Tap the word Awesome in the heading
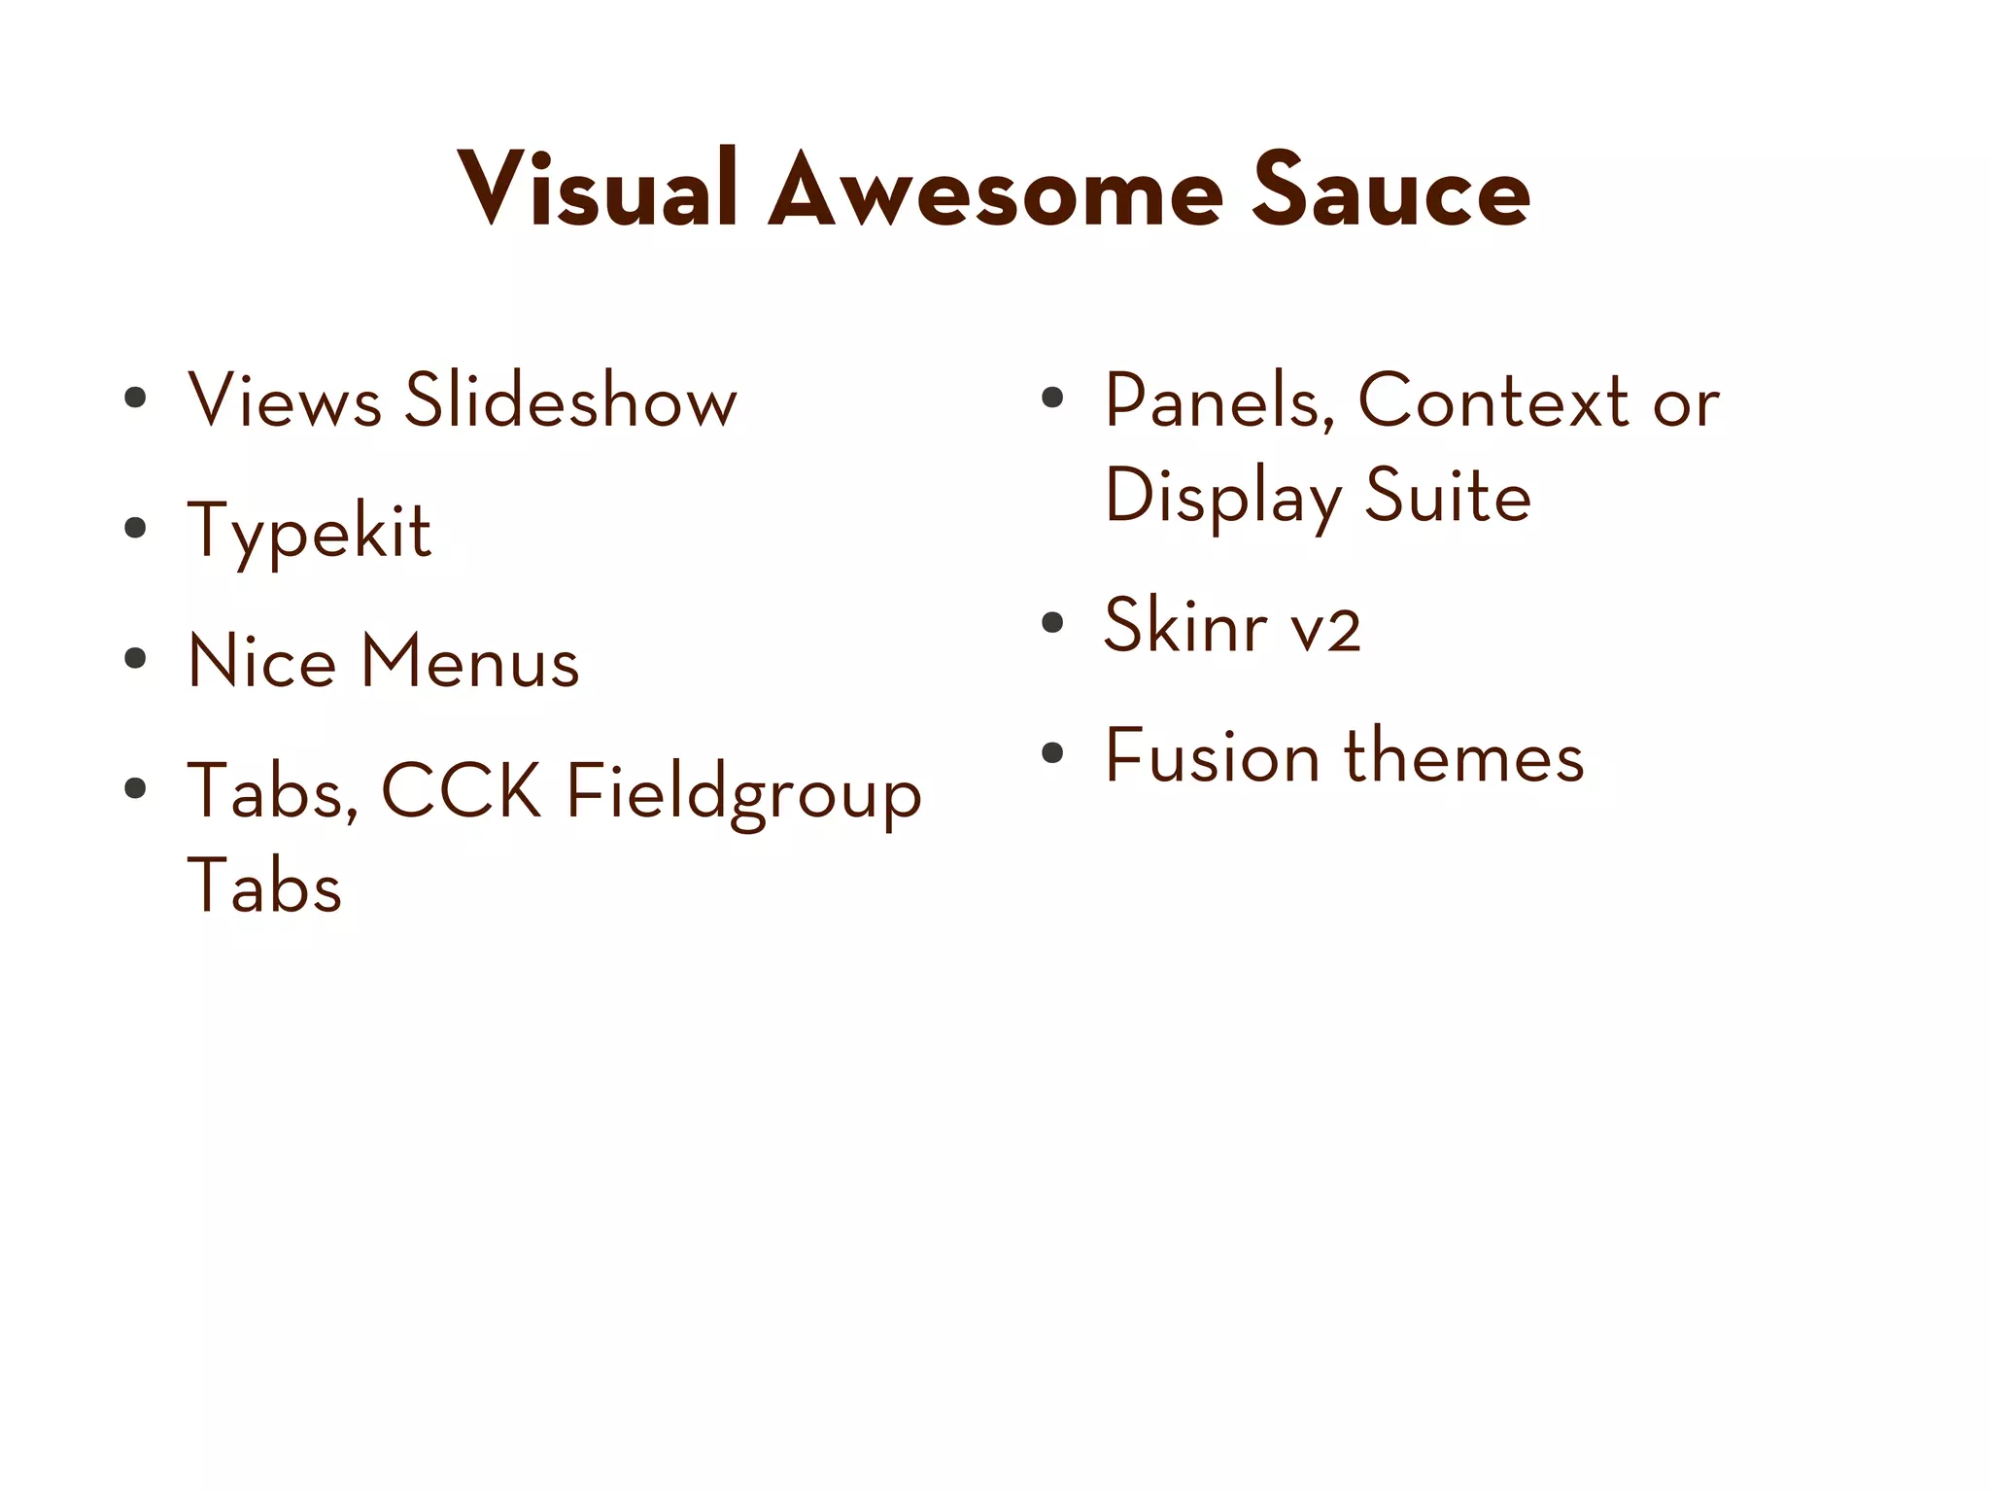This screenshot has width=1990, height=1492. click(995, 191)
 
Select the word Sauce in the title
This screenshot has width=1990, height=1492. click(1390, 191)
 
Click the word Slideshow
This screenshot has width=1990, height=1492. click(570, 399)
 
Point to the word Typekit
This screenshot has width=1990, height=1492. click(309, 532)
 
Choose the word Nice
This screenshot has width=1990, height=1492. click(261, 661)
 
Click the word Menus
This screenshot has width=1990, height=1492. click(470, 661)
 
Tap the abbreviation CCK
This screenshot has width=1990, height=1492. click(462, 791)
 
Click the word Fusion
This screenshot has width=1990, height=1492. click(1213, 755)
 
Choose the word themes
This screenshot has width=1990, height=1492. click(1464, 755)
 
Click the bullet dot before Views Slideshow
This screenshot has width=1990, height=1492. click(135, 398)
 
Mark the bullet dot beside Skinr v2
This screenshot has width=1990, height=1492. click(1052, 623)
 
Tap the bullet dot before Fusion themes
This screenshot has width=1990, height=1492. click(1052, 753)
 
